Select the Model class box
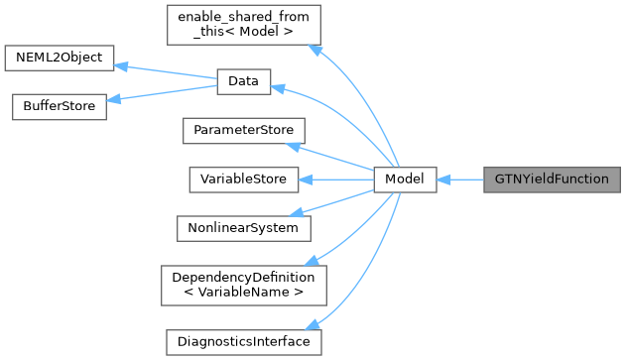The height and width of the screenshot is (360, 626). click(405, 180)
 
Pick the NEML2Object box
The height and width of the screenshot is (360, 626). click(60, 59)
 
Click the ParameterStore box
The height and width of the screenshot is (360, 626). click(242, 132)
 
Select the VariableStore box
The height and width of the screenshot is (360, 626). click(243, 180)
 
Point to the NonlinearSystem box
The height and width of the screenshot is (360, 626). click(243, 228)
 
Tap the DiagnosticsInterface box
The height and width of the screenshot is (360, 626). click(243, 342)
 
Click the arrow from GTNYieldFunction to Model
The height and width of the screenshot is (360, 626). click(459, 180)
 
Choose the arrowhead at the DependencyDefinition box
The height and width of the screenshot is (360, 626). click(311, 261)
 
